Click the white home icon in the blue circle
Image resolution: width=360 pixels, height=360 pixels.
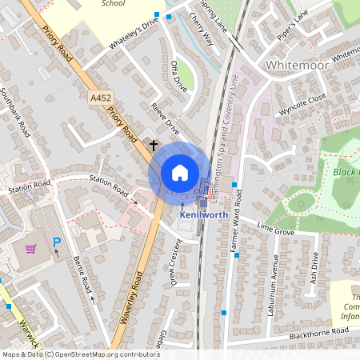coord(180,173)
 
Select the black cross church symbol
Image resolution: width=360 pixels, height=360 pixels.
coord(154,146)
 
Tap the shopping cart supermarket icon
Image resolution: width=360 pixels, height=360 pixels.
coord(31,249)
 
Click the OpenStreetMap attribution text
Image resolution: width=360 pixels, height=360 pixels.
coord(80,354)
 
